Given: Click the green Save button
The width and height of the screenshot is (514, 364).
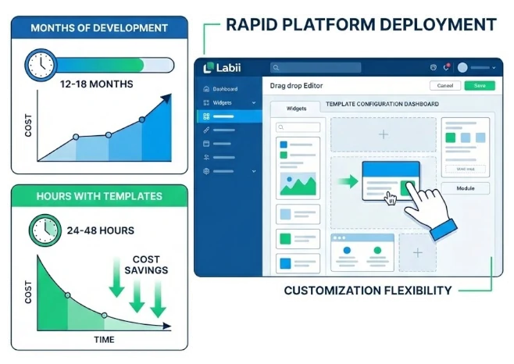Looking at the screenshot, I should tap(479, 85).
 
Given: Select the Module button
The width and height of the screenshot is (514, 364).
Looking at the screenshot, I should tap(466, 188).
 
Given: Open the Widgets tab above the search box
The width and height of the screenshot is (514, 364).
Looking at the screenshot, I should tap(296, 109).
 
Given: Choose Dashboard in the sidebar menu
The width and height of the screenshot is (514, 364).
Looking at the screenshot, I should tap(225, 89).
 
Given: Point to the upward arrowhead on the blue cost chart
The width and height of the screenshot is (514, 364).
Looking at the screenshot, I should tap(165, 99).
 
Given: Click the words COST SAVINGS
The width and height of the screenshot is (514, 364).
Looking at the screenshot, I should tap(145, 264).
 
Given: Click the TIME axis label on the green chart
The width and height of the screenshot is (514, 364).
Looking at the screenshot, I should tap(103, 339).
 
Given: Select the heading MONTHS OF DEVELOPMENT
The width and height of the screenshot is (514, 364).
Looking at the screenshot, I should tap(99, 28).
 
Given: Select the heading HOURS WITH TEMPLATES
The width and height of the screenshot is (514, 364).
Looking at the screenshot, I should tap(99, 196).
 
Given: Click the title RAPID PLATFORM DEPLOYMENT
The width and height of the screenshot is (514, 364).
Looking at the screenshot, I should tap(360, 25).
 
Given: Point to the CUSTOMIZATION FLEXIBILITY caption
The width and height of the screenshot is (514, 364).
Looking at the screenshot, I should tap(368, 291).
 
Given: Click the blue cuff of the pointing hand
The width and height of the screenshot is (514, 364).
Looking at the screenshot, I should tap(444, 227).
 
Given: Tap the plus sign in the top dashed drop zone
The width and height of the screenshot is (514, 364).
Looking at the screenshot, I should tap(383, 134).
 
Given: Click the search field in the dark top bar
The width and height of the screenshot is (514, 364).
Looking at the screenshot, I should tap(316, 68).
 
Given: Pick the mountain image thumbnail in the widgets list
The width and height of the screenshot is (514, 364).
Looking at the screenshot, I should tap(298, 184).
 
